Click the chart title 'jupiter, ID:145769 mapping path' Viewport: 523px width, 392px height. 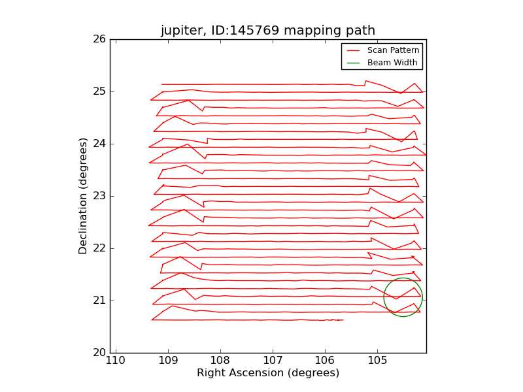point(268,31)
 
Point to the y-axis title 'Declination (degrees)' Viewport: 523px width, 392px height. point(83,196)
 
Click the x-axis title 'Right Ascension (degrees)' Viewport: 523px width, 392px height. point(268,373)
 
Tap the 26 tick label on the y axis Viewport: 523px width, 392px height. point(99,39)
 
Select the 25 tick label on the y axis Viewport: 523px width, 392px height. point(99,91)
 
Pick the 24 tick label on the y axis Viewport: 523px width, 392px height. point(99,144)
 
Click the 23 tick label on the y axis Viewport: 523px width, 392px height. point(99,196)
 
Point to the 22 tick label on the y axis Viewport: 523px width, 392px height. point(99,248)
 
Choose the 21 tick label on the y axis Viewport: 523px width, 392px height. point(99,301)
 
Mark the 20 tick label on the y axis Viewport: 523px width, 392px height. point(99,353)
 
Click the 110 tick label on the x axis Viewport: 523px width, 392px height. point(116,361)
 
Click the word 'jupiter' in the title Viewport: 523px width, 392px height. point(179,31)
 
